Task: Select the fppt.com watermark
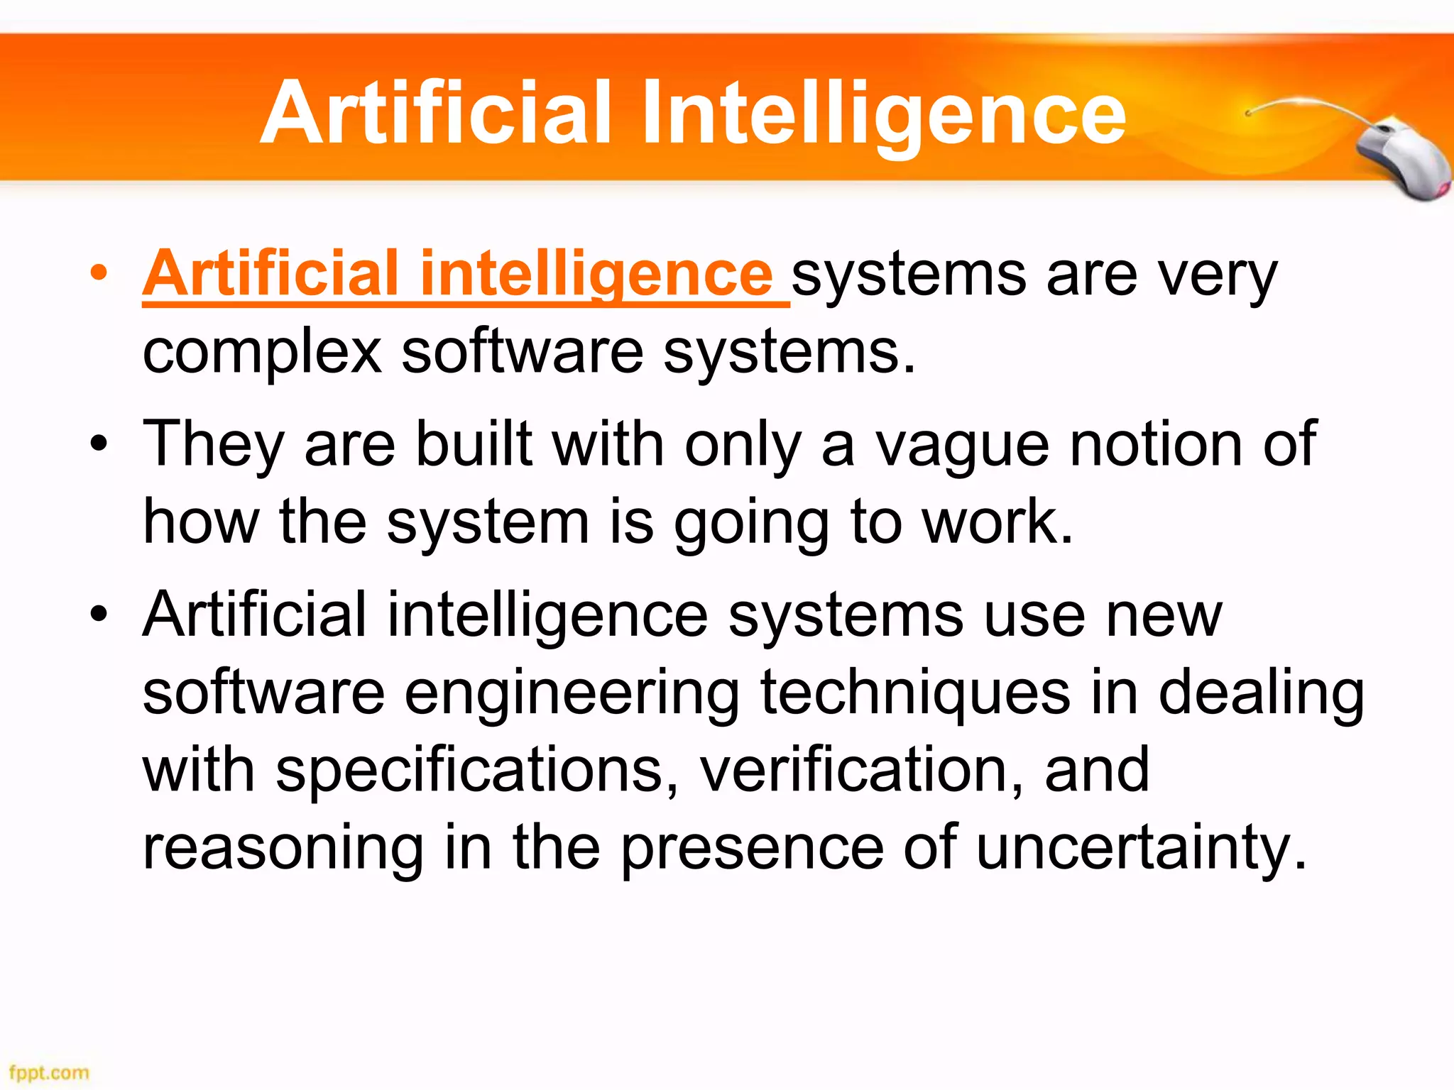(49, 1072)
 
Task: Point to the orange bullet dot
(99, 272)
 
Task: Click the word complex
(262, 352)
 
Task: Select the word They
(214, 446)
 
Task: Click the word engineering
(572, 693)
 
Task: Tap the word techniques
(915, 693)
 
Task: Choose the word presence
(753, 849)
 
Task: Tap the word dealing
(1261, 693)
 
